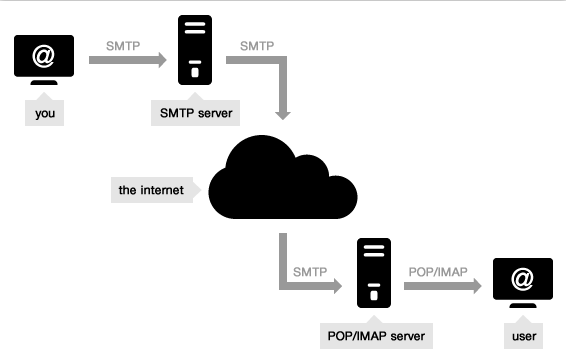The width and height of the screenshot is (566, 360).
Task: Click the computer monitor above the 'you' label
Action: [x=44, y=60]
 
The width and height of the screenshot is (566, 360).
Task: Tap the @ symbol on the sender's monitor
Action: [x=44, y=55]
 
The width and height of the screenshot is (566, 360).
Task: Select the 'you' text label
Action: [x=44, y=113]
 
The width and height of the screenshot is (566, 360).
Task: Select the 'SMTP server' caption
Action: [x=195, y=113]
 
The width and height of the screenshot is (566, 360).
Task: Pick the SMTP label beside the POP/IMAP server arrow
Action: [x=311, y=271]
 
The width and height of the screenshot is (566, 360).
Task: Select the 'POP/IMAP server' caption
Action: [x=373, y=336]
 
